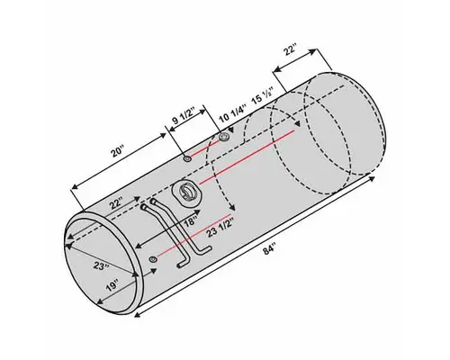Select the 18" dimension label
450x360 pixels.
pyautogui.click(x=190, y=220)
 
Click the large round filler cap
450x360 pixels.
pyautogui.click(x=187, y=191)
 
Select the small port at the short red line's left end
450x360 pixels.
pyautogui.click(x=185, y=158)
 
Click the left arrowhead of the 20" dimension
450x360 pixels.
pyautogui.click(x=70, y=186)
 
